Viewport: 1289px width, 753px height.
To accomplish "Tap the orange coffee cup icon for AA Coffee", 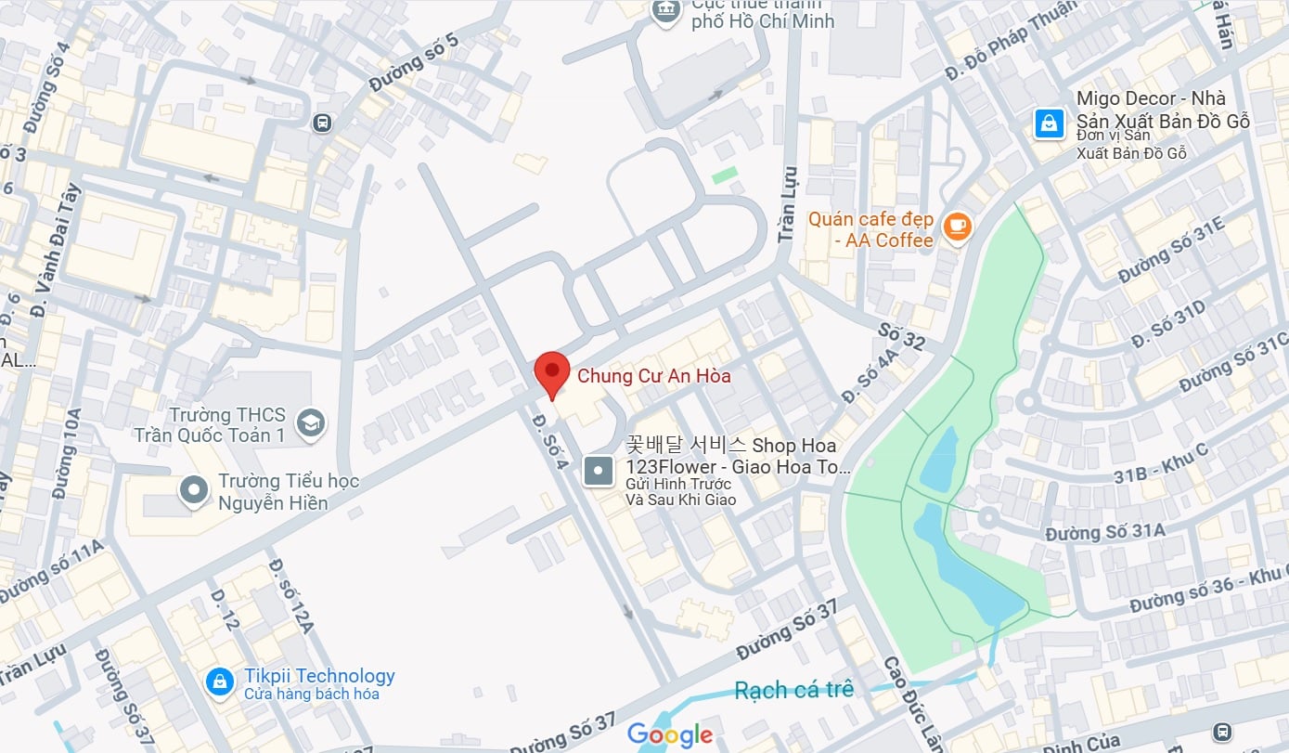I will pos(957,227).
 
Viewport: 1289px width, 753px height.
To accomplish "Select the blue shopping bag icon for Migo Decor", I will pos(1050,123).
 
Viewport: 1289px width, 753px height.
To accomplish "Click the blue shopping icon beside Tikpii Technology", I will pos(220,682).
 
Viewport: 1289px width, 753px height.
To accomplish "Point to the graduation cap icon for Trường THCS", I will pos(311,423).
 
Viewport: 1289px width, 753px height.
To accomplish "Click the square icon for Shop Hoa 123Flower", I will pos(599,472).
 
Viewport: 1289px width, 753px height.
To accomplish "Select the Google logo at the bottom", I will pos(670,735).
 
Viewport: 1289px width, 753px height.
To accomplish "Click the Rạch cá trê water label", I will pos(793,690).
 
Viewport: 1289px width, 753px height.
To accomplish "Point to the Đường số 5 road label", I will pos(414,63).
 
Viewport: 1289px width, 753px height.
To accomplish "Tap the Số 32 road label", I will pos(901,336).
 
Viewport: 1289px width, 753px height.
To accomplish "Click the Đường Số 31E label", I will pos(1171,251).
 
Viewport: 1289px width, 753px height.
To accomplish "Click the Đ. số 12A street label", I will pos(290,594).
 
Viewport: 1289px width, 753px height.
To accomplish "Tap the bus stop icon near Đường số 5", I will pos(322,123).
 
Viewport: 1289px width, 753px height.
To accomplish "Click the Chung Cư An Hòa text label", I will pos(654,376).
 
